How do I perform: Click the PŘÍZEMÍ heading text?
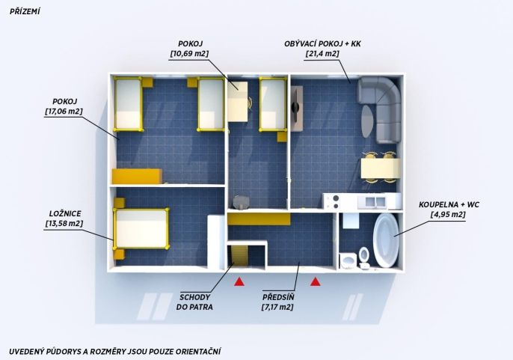25,11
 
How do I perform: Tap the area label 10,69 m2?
189,53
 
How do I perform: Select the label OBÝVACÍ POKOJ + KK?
322,43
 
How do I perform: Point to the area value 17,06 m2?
64,112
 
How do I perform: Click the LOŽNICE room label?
65,213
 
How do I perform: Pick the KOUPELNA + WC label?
449,205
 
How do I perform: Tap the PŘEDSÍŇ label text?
278,297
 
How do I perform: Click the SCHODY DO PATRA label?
194,302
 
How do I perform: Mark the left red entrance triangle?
239,281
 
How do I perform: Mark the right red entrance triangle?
316,281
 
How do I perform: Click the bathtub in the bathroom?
387,240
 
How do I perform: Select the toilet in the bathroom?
363,257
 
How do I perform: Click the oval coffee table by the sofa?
367,121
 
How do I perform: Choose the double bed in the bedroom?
141,228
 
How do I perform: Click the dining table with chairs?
381,168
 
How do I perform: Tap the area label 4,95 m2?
448,215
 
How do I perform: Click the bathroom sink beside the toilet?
348,260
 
